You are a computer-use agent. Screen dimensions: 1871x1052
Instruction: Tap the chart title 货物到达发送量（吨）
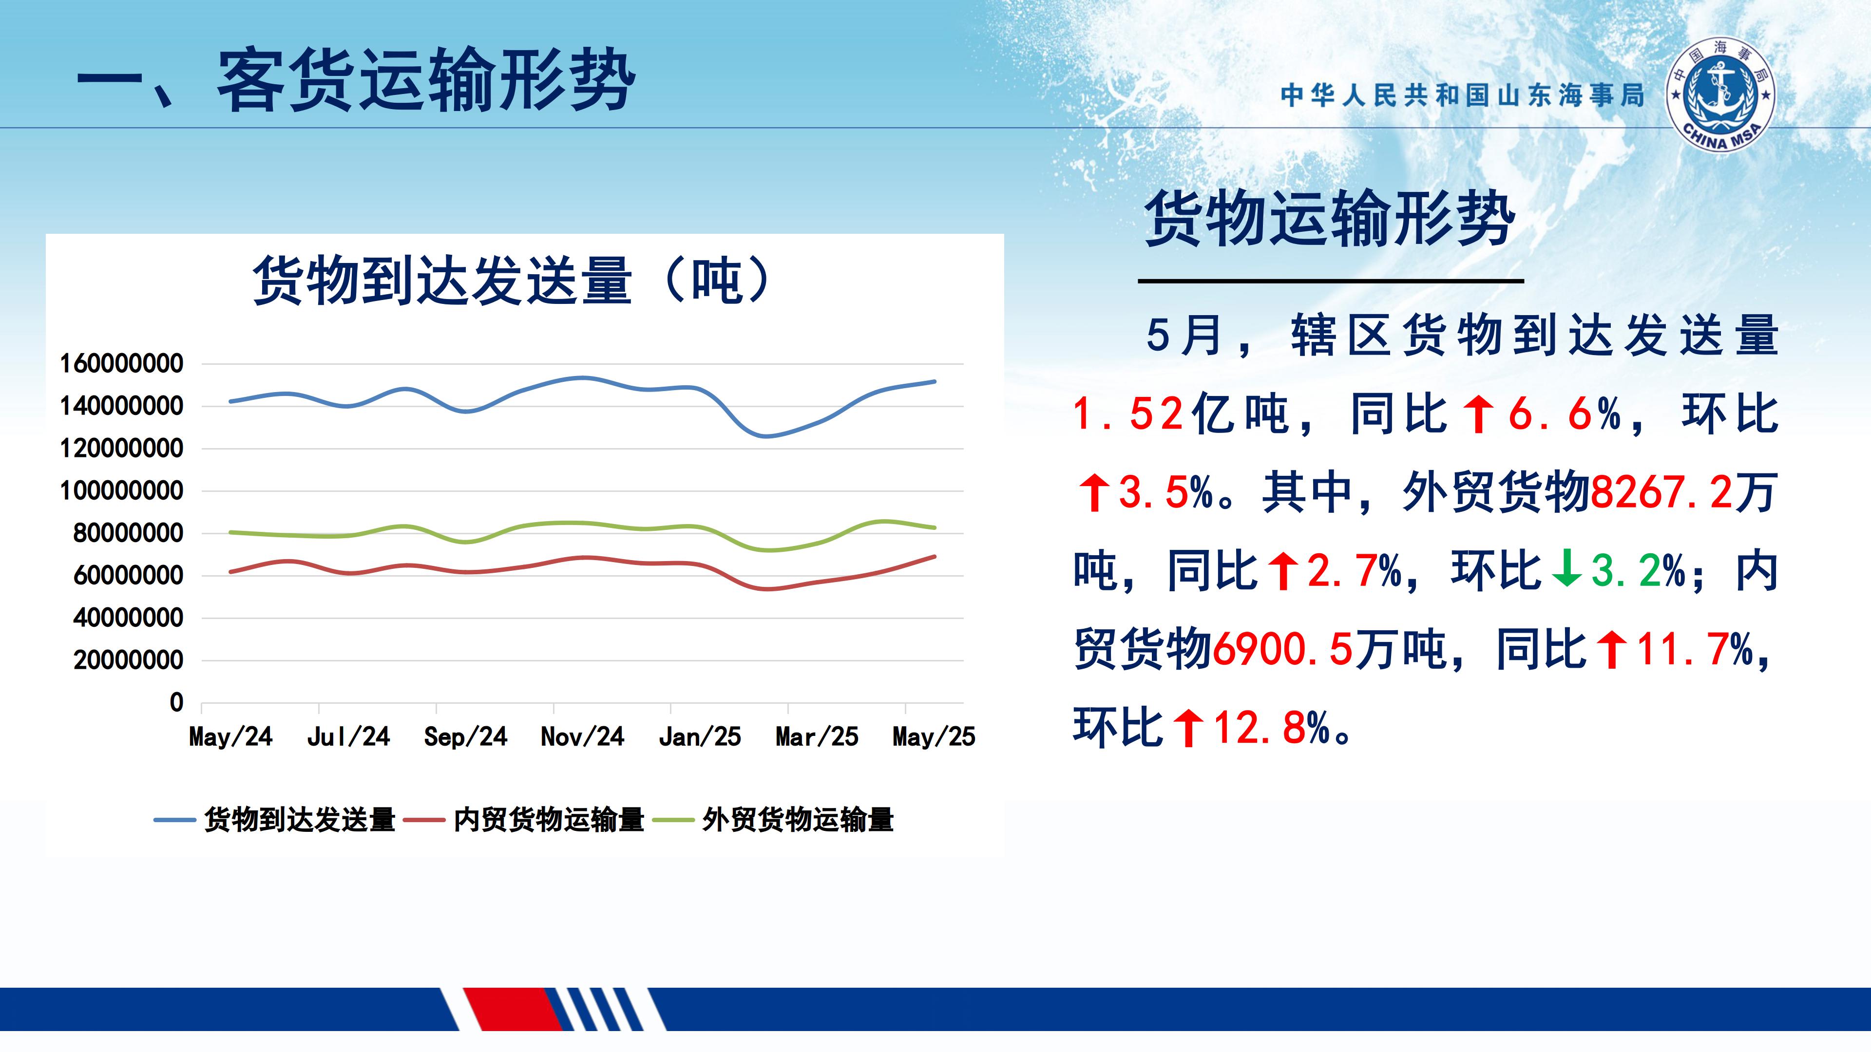tap(513, 280)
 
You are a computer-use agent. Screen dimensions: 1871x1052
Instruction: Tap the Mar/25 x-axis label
tap(817, 737)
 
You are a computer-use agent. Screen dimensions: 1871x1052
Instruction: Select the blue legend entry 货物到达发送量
tap(274, 820)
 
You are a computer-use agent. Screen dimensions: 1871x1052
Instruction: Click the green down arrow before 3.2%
tap(1566, 571)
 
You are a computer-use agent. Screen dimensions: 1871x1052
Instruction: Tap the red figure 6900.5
tap(1283, 649)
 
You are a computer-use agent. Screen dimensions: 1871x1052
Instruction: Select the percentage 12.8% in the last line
tap(1271, 728)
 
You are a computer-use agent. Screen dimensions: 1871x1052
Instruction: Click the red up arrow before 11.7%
tap(1612, 649)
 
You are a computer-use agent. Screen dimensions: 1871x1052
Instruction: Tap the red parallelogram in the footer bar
tap(513, 1009)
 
